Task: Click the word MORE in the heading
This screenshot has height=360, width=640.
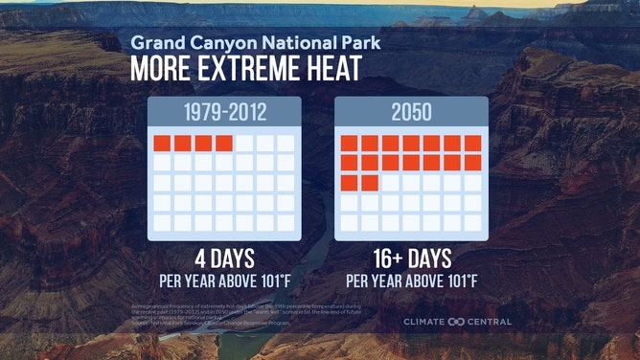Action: click(161, 70)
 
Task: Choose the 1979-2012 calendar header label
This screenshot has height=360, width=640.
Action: click(224, 113)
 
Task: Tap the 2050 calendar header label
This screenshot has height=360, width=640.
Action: click(411, 113)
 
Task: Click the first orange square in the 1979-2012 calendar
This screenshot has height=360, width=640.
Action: click(162, 144)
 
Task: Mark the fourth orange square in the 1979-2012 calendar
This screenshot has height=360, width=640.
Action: click(224, 144)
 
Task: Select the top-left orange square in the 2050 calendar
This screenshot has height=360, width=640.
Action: click(349, 144)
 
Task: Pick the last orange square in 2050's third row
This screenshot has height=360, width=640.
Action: click(370, 182)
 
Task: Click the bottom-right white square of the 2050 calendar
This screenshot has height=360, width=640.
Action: click(473, 222)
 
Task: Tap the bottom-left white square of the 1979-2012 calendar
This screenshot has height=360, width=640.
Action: click(162, 222)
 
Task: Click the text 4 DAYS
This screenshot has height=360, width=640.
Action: click(224, 260)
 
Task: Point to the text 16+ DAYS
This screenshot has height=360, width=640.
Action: click(411, 260)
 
